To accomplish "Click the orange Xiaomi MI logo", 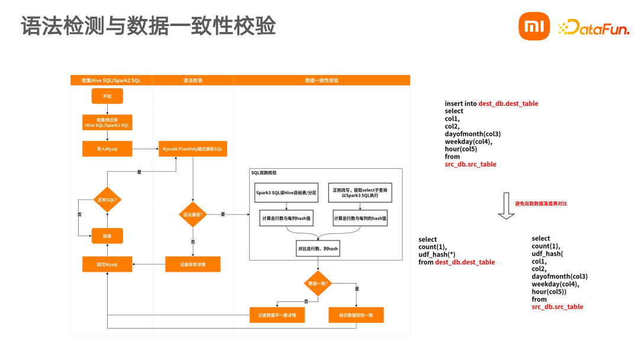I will pyautogui.click(x=534, y=27).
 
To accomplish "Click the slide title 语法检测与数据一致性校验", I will pyautogui.click(x=149, y=26).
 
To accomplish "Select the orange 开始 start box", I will pyautogui.click(x=107, y=96).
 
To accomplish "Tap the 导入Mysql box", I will pyautogui.click(x=107, y=149).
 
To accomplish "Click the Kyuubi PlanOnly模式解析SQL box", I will pyautogui.click(x=193, y=149).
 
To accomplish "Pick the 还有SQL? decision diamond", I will pyautogui.click(x=107, y=200).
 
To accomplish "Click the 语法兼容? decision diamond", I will pyautogui.click(x=193, y=214).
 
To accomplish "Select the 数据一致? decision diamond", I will pyautogui.click(x=318, y=283).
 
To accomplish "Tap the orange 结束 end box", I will pyautogui.click(x=107, y=236).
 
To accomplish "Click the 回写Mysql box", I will pyautogui.click(x=107, y=264).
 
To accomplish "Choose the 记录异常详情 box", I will pyautogui.click(x=193, y=264).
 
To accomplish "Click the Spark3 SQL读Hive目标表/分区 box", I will pyautogui.click(x=286, y=193).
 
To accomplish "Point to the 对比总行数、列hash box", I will pyautogui.click(x=318, y=249).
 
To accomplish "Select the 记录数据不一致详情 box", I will pyautogui.click(x=277, y=315).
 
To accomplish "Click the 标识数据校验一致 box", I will pyautogui.click(x=356, y=315).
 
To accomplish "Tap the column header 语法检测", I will pyautogui.click(x=193, y=80).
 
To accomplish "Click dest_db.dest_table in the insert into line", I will pyautogui.click(x=508, y=104).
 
